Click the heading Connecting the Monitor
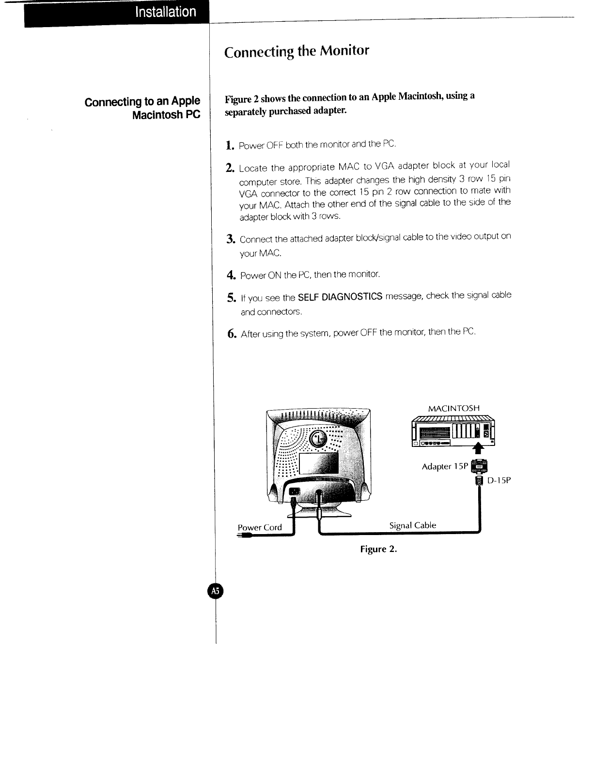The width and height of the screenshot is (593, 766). pos(296,51)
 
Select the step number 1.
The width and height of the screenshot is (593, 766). pos(230,145)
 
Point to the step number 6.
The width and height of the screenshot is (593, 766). pos(232,334)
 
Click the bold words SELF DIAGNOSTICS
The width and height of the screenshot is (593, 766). pos(340,296)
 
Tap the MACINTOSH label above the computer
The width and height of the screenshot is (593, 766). pos(454,408)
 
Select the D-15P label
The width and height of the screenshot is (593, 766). pos(499,480)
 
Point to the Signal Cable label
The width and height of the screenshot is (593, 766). pos(413,525)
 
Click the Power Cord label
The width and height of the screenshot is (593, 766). pos(260,528)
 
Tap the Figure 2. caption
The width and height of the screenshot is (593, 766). pos(378,550)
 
